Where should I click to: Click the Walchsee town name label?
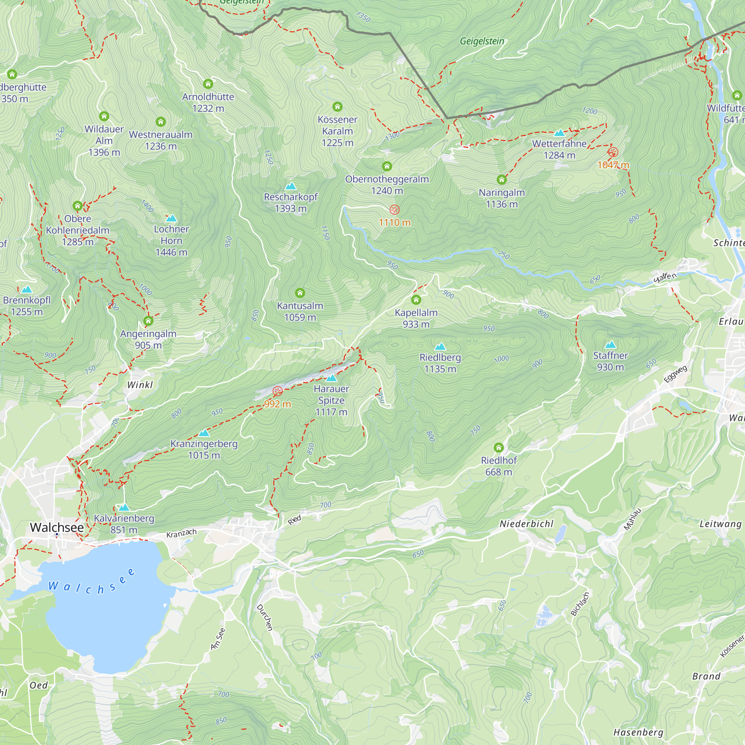57,527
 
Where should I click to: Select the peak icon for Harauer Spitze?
331,378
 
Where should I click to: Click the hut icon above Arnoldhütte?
208,84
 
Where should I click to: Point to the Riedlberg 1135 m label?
440,363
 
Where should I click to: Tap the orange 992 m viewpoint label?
277,404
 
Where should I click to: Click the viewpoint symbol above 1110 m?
394,209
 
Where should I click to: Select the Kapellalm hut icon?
416,299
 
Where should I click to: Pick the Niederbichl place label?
526,524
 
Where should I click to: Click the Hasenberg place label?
638,732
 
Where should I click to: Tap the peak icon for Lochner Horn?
171,218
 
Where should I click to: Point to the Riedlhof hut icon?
499,447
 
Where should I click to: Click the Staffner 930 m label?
611,361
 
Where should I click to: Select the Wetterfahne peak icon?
559,133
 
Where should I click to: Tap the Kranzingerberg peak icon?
204,432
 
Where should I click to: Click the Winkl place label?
140,384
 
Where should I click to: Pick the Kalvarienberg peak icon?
123,507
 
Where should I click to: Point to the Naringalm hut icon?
501,179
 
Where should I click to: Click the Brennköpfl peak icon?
26,289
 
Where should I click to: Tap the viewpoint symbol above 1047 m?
613,152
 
